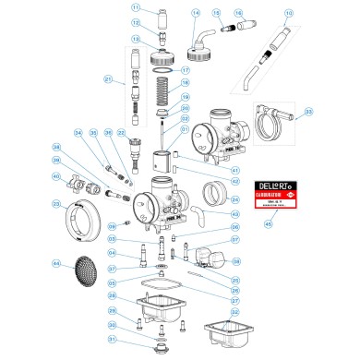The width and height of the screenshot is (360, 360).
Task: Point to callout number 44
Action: click(56, 264)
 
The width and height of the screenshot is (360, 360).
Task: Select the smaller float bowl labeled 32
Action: click(223, 333)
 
